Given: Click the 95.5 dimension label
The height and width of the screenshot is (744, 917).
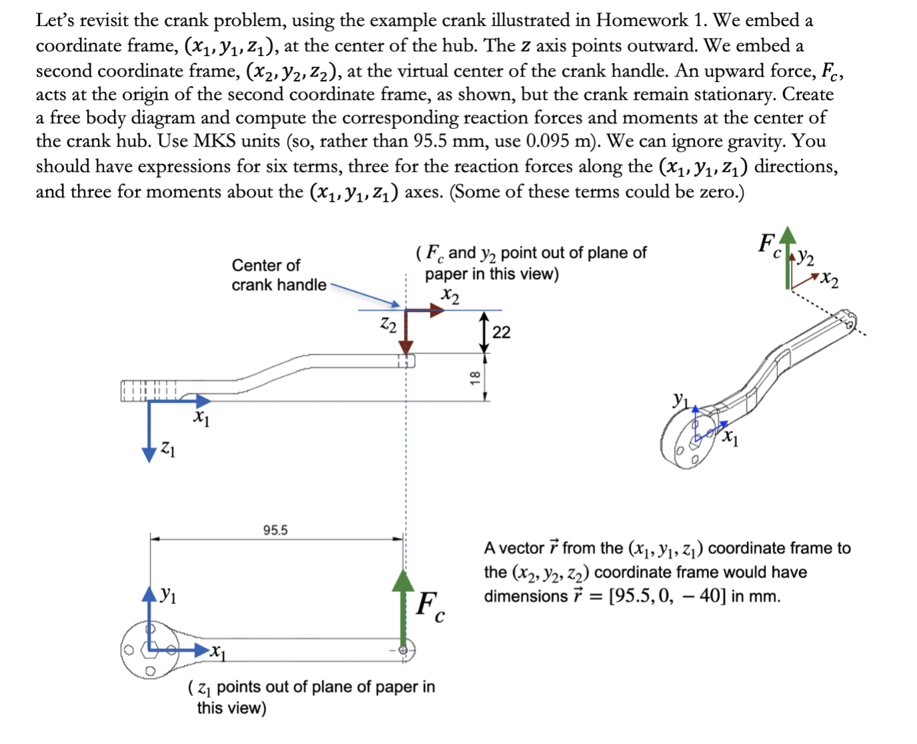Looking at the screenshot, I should (275, 531).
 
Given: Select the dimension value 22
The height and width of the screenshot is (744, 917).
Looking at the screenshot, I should (501, 332).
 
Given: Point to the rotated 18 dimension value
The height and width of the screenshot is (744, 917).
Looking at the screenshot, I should (474, 377).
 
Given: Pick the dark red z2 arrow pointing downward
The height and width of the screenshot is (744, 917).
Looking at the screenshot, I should (406, 333).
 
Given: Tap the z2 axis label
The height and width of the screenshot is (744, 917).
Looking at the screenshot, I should (388, 325).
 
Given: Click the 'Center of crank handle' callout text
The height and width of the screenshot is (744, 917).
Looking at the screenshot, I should (278, 275).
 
